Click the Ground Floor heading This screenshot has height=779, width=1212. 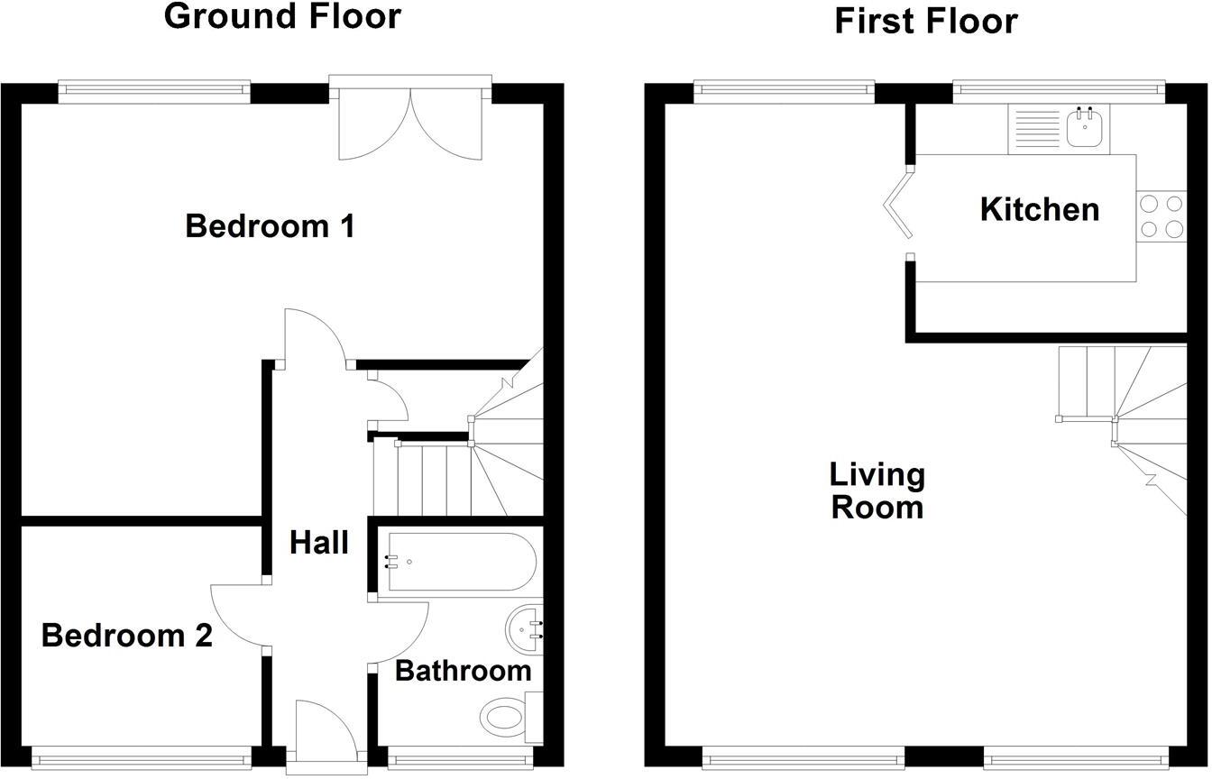pyautogui.click(x=282, y=16)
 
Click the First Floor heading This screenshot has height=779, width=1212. pyautogui.click(x=925, y=21)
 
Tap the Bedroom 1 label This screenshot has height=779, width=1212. pyautogui.click(x=270, y=225)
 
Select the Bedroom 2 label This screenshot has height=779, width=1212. pyautogui.click(x=126, y=636)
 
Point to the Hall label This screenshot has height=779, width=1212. pyautogui.click(x=319, y=543)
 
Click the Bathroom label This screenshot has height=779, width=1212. pyautogui.click(x=463, y=671)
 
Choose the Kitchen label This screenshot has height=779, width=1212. pyautogui.click(x=1039, y=209)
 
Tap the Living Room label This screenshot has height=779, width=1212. pyautogui.click(x=877, y=490)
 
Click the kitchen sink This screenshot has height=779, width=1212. pyautogui.click(x=1085, y=127)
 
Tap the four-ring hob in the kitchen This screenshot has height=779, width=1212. pyautogui.click(x=1161, y=216)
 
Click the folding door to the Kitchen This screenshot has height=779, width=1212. pyautogui.click(x=896, y=209)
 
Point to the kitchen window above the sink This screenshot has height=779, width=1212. pyautogui.click(x=1059, y=88)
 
